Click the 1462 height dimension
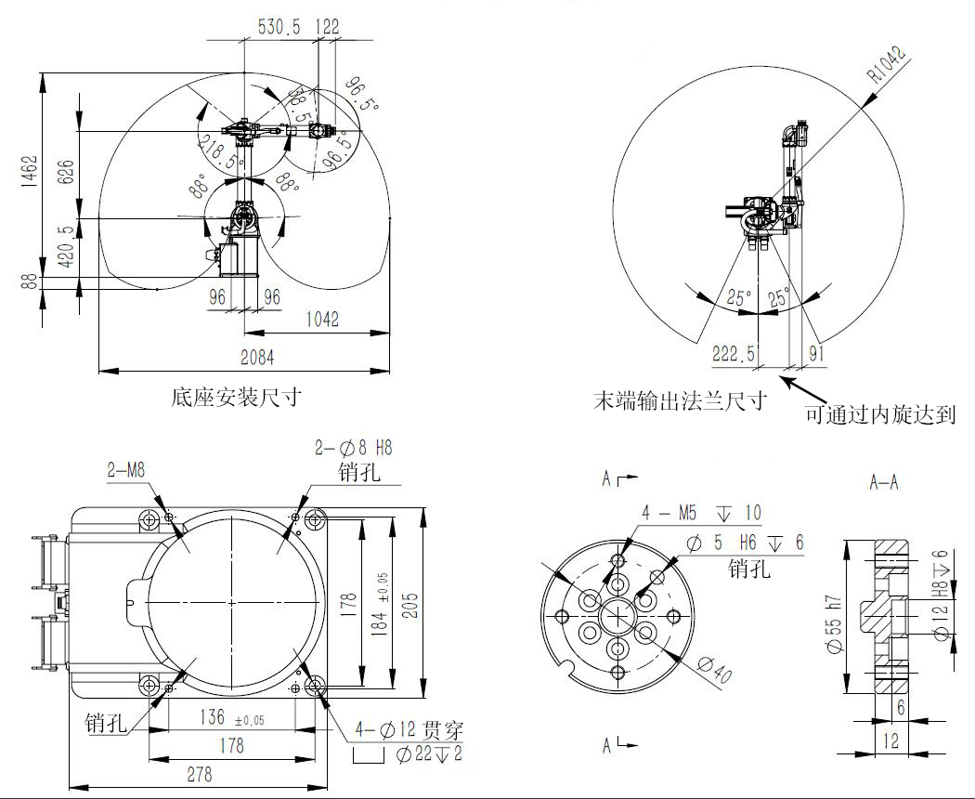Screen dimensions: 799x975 coord(29,172)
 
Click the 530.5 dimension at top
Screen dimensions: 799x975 coord(279,27)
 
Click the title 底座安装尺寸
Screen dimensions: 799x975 coord(237,398)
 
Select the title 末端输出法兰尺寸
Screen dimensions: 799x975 coord(680,401)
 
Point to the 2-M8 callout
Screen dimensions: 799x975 coord(124,470)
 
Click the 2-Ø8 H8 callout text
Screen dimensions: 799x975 coord(354,448)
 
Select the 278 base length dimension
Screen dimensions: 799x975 coord(200,773)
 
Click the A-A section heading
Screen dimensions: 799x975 coord(883,482)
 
